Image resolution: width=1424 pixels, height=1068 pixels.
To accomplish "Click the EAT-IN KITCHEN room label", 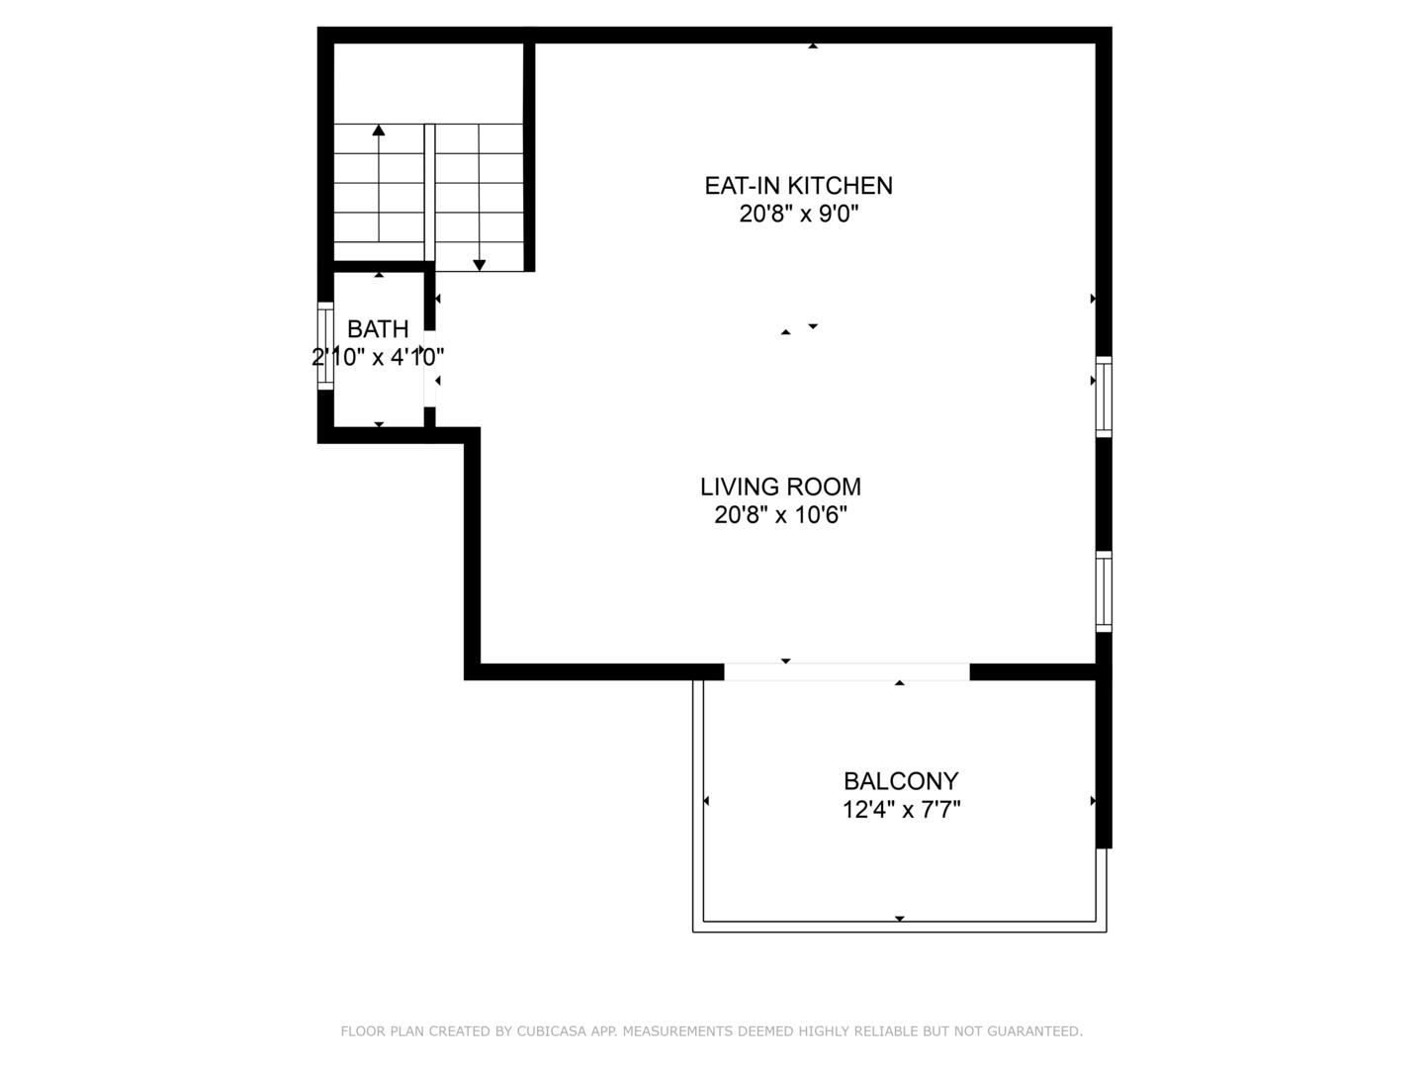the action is click(x=798, y=186).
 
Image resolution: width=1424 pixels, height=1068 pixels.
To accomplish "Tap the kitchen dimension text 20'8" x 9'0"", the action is click(x=798, y=214).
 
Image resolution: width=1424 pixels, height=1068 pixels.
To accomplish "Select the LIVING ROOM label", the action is click(x=780, y=487).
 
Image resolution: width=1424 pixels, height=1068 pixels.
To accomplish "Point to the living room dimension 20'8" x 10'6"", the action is click(x=780, y=515).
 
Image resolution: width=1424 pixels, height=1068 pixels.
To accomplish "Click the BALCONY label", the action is click(x=901, y=781).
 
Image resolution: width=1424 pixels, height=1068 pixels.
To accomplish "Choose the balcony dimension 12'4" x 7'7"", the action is click(x=901, y=810).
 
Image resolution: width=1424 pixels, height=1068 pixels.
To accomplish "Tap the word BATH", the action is click(x=378, y=329).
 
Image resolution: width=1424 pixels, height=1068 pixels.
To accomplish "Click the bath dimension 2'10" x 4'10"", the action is click(x=378, y=357).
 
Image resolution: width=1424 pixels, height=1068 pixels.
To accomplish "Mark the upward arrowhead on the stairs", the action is click(x=378, y=131).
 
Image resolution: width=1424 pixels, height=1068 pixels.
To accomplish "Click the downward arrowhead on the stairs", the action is click(x=479, y=265).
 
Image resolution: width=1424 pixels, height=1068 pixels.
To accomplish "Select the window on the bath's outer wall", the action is click(x=325, y=346).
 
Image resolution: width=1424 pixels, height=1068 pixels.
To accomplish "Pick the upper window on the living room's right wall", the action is click(x=1104, y=397).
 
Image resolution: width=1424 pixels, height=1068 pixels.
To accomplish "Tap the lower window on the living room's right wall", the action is click(x=1104, y=591).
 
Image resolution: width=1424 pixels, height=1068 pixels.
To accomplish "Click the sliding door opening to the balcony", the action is click(x=846, y=671).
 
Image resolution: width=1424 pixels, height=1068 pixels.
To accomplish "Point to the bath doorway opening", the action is click(x=429, y=368).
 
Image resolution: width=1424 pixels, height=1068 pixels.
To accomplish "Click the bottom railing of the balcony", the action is click(x=899, y=927).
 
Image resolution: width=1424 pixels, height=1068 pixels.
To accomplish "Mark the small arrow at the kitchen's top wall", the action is click(x=812, y=46).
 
